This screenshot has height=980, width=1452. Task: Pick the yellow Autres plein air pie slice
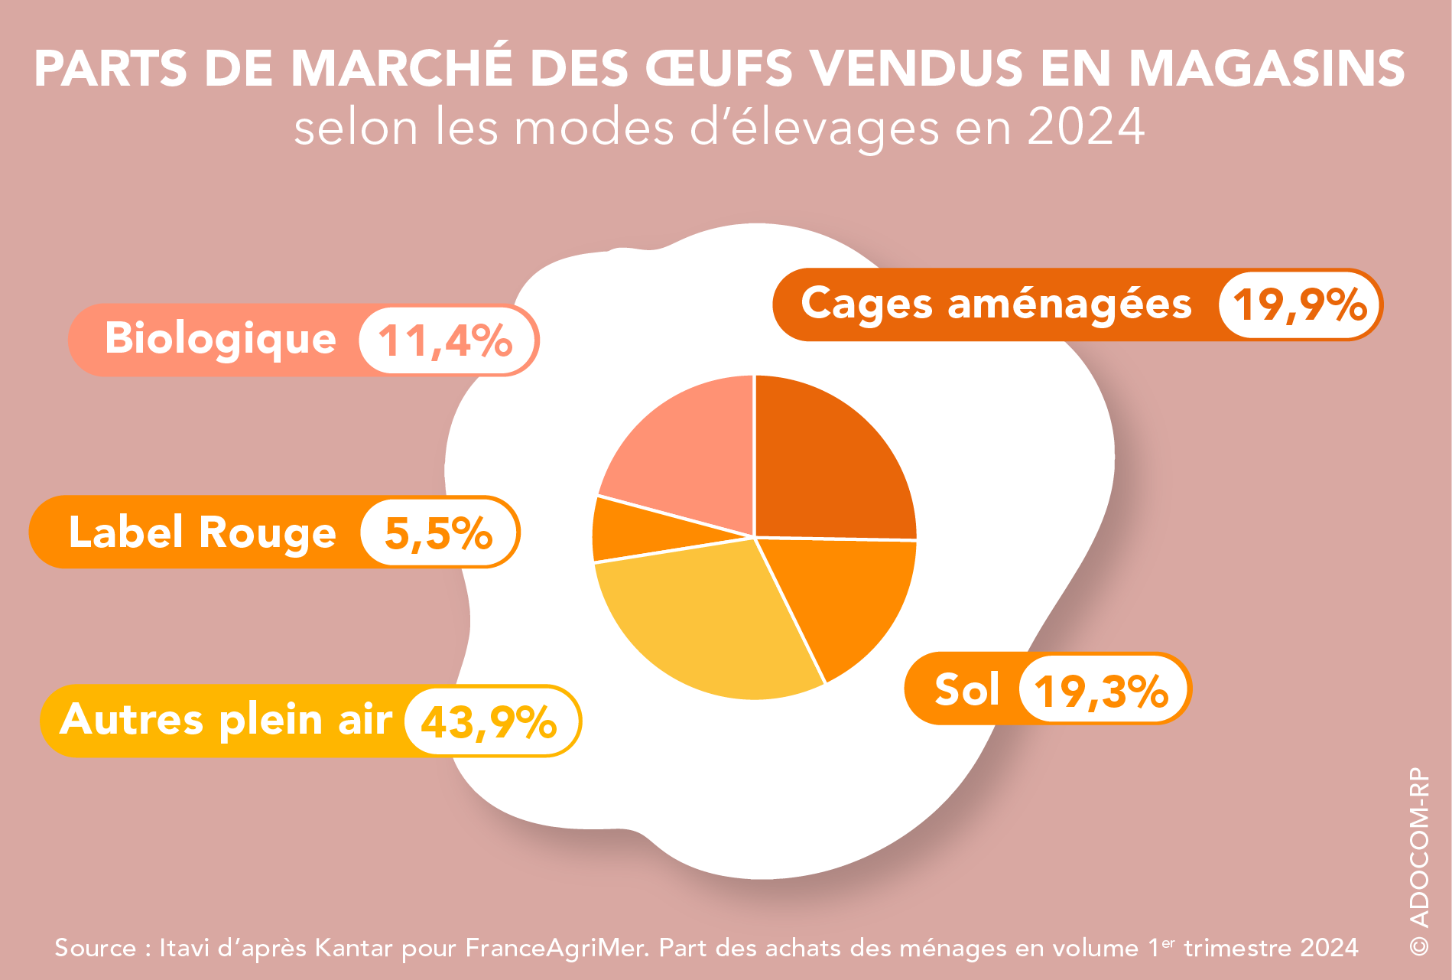[x=703, y=620]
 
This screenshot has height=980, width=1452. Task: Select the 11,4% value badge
[x=445, y=340]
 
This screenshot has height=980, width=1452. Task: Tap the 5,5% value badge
[x=438, y=532]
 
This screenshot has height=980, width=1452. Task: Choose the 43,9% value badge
[x=489, y=721]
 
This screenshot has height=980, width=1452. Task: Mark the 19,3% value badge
[x=1101, y=689]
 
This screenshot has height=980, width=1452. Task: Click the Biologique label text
[x=220, y=339]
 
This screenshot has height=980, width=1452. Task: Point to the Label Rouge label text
[x=202, y=532]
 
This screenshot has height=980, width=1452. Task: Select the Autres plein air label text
[x=226, y=720]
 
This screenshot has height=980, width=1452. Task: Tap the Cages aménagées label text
[x=996, y=304]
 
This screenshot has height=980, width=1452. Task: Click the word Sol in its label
[x=966, y=689]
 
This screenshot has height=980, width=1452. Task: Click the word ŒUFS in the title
[x=720, y=69]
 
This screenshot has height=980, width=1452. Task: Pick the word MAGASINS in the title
[x=1267, y=69]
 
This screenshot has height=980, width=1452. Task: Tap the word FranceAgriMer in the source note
[x=557, y=948]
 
